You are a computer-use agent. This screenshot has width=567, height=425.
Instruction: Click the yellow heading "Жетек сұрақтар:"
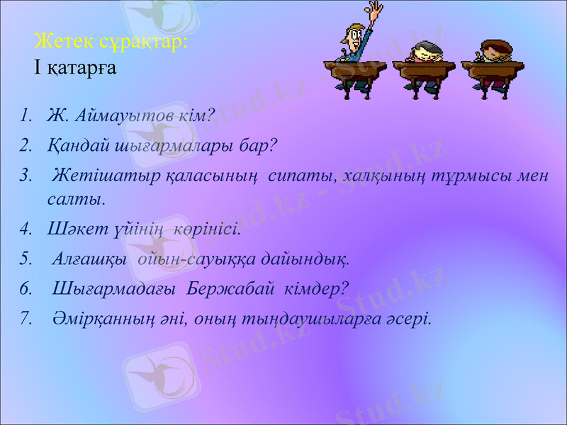pos(111,41)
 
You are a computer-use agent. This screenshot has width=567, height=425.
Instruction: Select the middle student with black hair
pos(424,52)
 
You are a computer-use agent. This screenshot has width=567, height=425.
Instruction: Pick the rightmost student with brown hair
pos(490,51)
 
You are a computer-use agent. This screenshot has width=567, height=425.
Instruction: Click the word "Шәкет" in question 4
pos(70,229)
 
